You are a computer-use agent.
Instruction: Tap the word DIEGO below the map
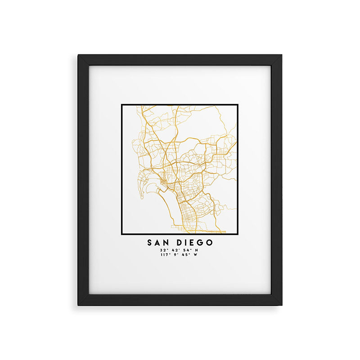195,243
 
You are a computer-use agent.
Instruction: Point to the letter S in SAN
150,243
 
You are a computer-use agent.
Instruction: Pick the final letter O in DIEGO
210,243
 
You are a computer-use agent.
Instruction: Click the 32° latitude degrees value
162,250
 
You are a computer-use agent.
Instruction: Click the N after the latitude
196,250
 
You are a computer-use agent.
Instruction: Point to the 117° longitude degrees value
164,255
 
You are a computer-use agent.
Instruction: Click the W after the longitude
196,255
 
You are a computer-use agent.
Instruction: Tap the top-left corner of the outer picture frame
78,55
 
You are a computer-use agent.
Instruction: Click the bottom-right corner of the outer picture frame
282,305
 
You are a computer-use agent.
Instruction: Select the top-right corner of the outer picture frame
282,55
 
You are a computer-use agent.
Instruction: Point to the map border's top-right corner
238,105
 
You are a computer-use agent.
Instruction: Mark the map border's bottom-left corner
122,235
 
